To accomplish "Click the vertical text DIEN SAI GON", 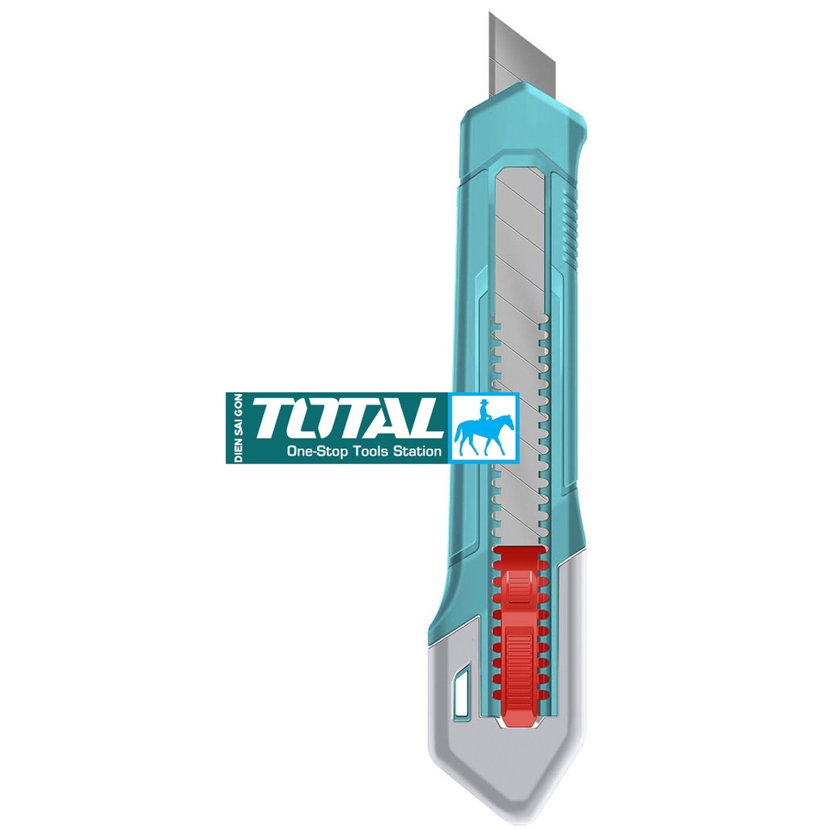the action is pos(238,428).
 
